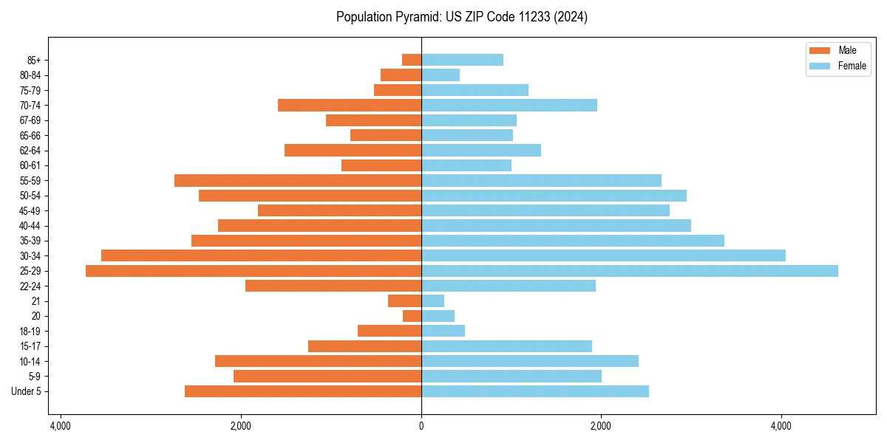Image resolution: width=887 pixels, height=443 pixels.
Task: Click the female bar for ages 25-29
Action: (x=629, y=271)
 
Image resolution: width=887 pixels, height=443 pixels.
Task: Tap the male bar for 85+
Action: (x=412, y=60)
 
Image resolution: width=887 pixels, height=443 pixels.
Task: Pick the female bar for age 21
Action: (x=432, y=301)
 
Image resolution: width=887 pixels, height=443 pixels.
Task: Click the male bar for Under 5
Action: (x=303, y=391)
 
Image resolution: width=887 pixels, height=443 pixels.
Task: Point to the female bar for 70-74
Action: (x=509, y=105)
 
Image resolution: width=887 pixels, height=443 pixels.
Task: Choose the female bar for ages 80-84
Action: (x=441, y=75)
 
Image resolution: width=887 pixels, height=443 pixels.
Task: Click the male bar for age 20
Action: (x=412, y=316)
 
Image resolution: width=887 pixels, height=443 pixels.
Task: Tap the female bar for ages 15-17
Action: (x=506, y=346)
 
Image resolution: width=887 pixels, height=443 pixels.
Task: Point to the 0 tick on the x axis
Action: (x=421, y=426)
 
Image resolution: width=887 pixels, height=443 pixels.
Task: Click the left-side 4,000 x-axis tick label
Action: (x=61, y=426)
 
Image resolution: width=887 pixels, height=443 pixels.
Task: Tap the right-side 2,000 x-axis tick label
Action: (x=601, y=426)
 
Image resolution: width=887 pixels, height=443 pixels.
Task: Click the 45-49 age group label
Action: (x=30, y=210)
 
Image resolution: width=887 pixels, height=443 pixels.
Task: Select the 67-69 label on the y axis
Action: (x=30, y=120)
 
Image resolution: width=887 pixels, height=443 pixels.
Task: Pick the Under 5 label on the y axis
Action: (x=27, y=391)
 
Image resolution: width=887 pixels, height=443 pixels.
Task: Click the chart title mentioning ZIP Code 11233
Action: (x=462, y=17)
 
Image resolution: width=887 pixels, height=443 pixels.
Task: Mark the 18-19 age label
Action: (x=30, y=331)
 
